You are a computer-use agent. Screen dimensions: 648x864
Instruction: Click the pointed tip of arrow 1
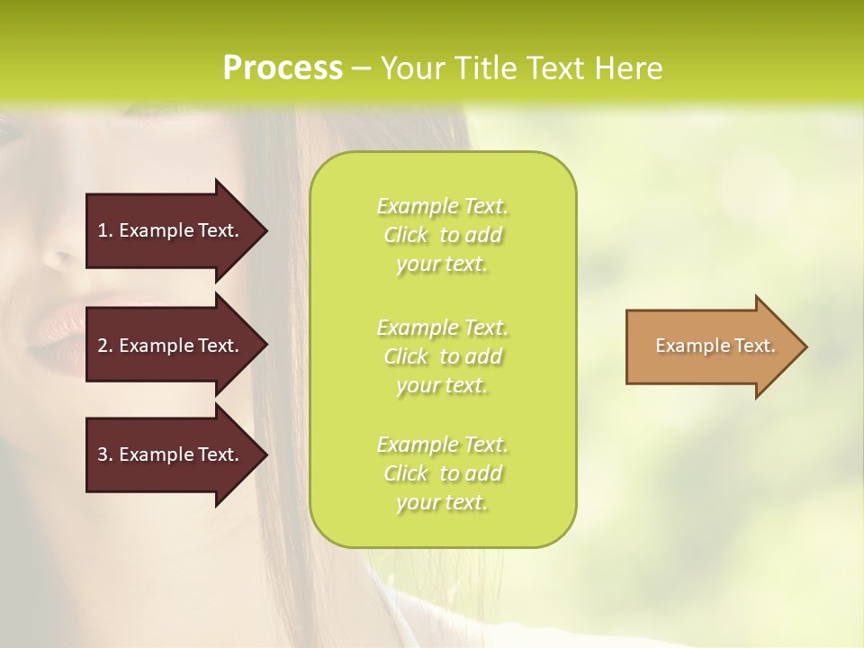point(265,230)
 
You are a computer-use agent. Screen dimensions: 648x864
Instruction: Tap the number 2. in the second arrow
point(104,346)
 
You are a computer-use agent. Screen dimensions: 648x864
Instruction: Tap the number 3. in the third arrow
point(104,454)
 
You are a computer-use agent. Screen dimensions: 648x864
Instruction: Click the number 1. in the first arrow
point(104,230)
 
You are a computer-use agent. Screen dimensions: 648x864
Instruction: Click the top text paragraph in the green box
point(442,235)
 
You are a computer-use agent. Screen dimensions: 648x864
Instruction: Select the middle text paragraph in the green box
point(442,356)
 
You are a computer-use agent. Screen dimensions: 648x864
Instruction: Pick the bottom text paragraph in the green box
point(442,473)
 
